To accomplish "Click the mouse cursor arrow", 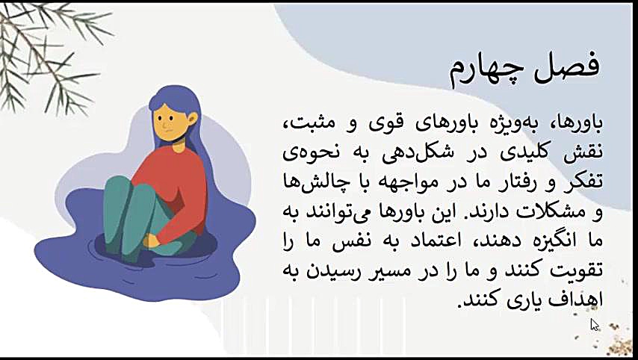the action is [x=594, y=325].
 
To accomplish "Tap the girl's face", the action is [x=171, y=123].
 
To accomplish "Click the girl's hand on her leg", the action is [x=152, y=240].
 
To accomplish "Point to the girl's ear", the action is [x=192, y=120].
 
